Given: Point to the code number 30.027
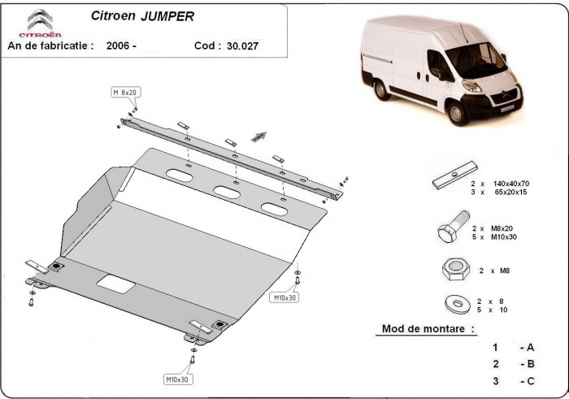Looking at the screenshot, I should [243, 46].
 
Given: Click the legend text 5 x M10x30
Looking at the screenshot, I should [493, 236].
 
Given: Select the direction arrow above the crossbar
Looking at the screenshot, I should [258, 136].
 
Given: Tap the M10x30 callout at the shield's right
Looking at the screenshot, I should [284, 297].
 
